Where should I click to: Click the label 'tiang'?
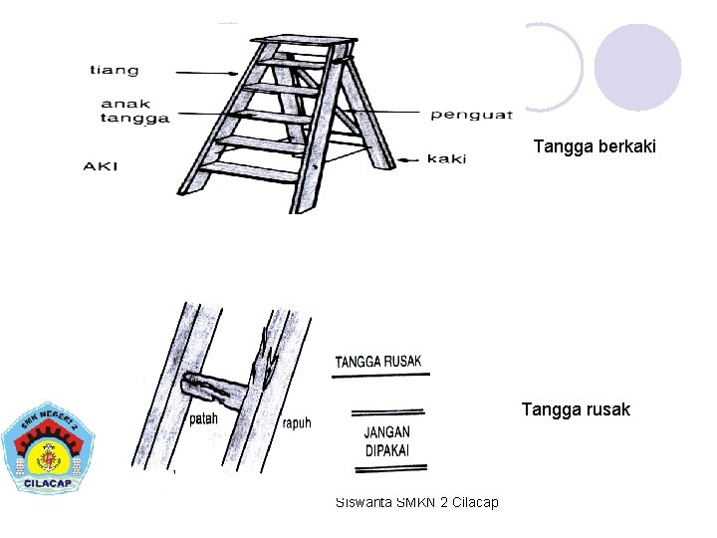tap(115, 70)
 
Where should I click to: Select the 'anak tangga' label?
tap(134, 110)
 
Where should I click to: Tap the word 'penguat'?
tap(471, 115)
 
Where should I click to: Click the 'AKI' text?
tap(101, 165)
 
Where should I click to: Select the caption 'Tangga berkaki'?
tap(595, 146)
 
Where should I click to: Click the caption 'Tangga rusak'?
tap(576, 408)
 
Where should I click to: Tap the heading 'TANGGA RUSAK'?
tap(378, 361)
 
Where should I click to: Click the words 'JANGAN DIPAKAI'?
tap(386, 441)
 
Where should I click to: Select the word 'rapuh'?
tap(296, 421)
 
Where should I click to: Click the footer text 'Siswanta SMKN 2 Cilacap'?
tap(417, 501)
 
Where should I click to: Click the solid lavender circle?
tap(637, 67)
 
